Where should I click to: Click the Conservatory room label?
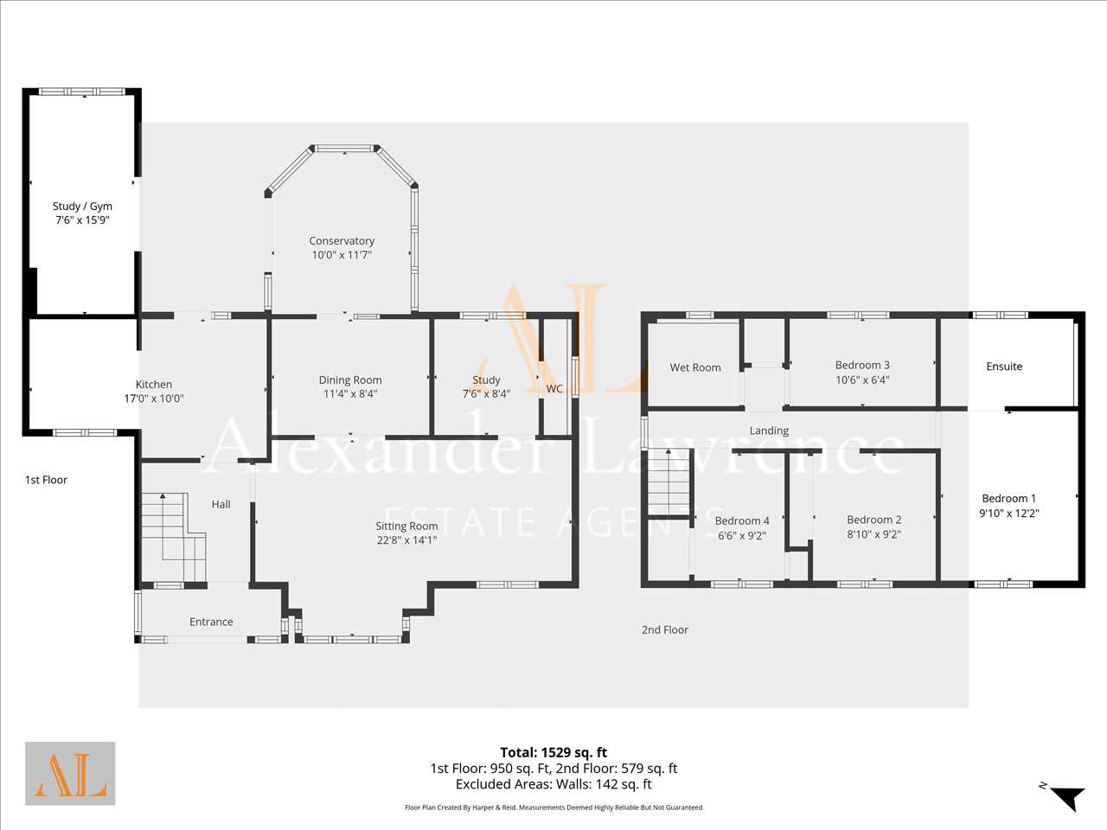click(342, 241)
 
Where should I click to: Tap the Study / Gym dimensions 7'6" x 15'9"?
click(82, 220)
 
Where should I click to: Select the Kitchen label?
click(154, 385)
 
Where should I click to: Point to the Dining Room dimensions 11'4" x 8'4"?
click(350, 393)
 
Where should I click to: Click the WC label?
click(554, 388)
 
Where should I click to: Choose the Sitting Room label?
click(406, 527)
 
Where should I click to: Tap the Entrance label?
click(211, 622)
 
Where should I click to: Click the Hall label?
click(221, 504)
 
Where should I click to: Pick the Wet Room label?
click(695, 368)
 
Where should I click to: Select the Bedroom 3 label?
click(862, 365)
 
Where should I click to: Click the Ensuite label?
click(1004, 367)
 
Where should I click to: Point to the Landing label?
click(769, 431)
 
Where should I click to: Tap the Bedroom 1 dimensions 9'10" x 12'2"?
click(1009, 513)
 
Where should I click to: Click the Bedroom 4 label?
click(742, 520)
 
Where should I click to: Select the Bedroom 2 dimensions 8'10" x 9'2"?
click(874, 533)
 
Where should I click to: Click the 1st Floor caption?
click(46, 480)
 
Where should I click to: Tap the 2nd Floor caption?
click(665, 630)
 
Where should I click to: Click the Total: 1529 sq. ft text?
click(553, 752)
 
